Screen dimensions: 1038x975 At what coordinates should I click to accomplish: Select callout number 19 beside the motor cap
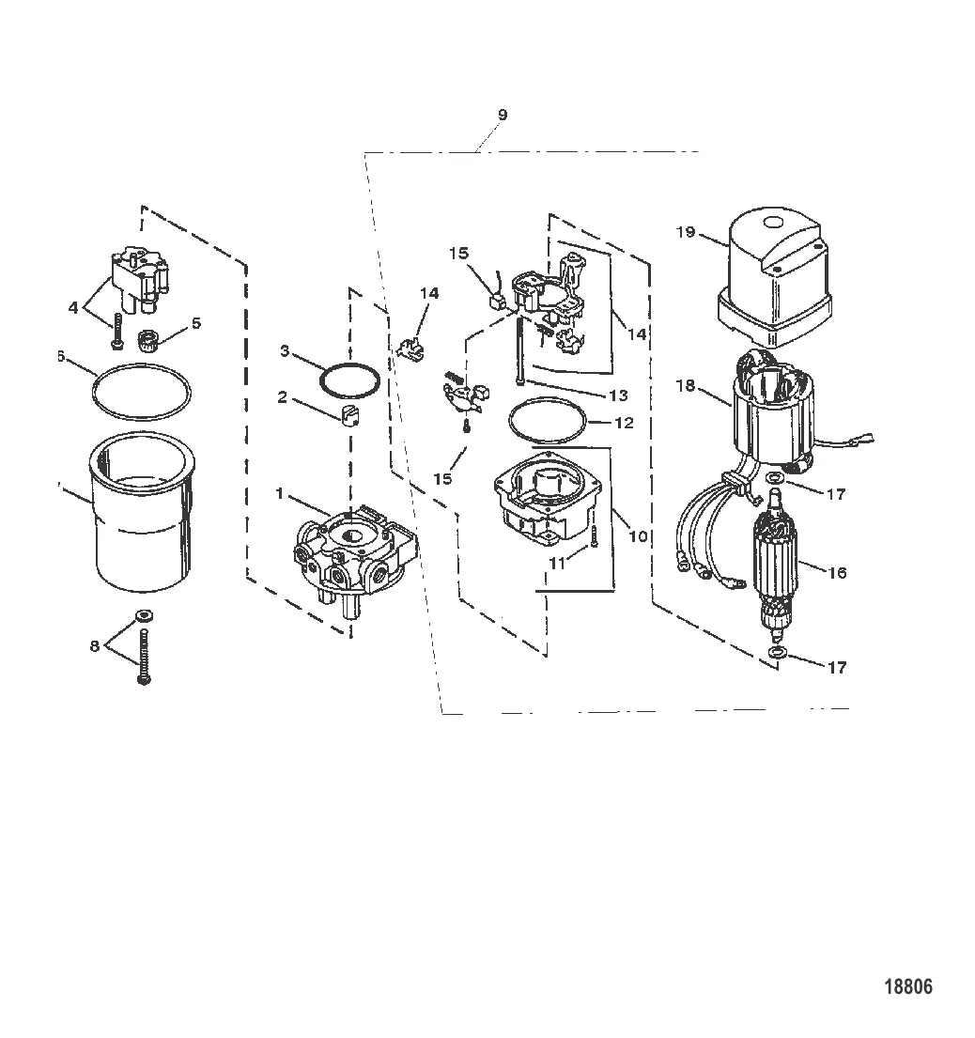(686, 231)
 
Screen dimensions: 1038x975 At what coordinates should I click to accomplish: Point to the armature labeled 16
(776, 574)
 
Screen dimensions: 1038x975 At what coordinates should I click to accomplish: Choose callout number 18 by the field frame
(686, 386)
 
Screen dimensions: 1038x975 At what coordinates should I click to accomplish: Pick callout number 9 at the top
(502, 114)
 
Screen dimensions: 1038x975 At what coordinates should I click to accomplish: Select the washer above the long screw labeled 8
(143, 616)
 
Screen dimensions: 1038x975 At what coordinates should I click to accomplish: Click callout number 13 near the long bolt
(617, 395)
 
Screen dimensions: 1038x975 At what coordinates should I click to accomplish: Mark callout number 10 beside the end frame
(639, 536)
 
